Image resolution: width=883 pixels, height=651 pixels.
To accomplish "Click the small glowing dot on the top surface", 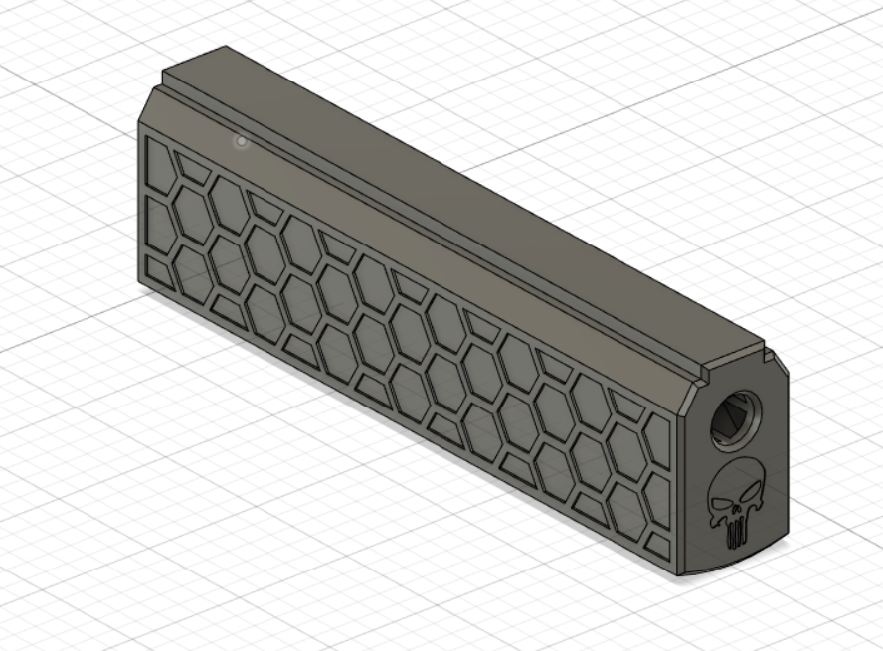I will pyautogui.click(x=241, y=142).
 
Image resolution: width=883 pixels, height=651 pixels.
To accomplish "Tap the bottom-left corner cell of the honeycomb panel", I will pyautogui.click(x=157, y=267).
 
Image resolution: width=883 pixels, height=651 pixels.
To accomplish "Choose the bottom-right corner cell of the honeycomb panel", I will pyautogui.click(x=657, y=543).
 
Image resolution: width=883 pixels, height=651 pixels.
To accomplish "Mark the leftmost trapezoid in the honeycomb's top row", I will pyautogui.click(x=193, y=167).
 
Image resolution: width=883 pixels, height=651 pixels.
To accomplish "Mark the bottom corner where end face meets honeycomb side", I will pyautogui.click(x=684, y=572).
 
